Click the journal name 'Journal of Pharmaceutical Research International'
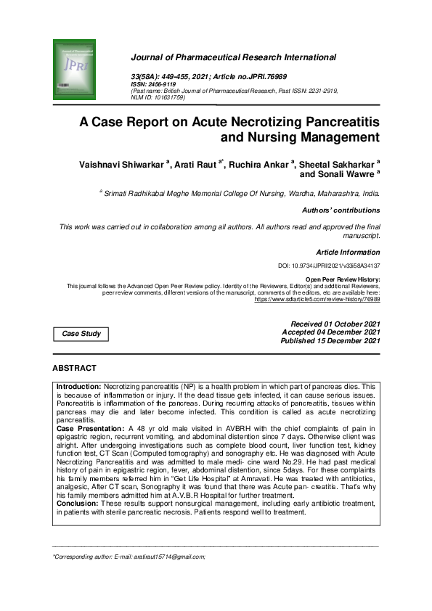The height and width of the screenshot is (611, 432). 232,57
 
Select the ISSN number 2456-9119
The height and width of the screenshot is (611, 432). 159,84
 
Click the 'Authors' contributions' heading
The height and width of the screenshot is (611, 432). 340,210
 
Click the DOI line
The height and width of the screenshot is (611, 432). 329,266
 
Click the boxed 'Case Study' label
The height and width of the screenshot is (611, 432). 81,334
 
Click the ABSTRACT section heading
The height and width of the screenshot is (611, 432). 74,369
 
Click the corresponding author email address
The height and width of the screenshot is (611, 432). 168,557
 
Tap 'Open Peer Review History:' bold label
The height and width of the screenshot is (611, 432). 342,279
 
